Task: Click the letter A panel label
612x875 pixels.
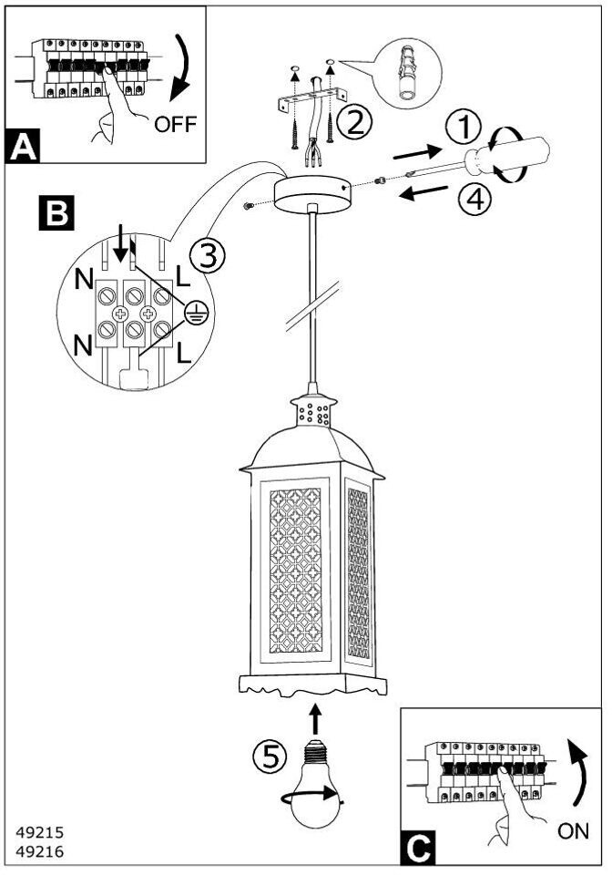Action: pyautogui.click(x=22, y=146)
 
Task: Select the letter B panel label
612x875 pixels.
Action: pyautogui.click(x=56, y=212)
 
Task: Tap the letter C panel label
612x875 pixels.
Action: pyautogui.click(x=418, y=849)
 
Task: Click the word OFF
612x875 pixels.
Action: pyautogui.click(x=176, y=124)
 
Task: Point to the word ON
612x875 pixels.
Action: pyautogui.click(x=573, y=831)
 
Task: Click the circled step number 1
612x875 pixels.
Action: pyautogui.click(x=464, y=128)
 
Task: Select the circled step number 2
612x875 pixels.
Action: pyautogui.click(x=355, y=122)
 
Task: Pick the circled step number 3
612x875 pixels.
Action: pyautogui.click(x=208, y=256)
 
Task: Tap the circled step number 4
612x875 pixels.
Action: pyautogui.click(x=474, y=200)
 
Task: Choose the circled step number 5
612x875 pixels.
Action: pyautogui.click(x=270, y=757)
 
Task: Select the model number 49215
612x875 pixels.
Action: pyautogui.click(x=40, y=832)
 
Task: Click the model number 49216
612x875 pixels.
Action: pyautogui.click(x=40, y=851)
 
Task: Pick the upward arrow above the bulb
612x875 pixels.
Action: pyautogui.click(x=315, y=719)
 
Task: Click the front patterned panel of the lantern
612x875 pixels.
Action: pyautogui.click(x=295, y=571)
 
